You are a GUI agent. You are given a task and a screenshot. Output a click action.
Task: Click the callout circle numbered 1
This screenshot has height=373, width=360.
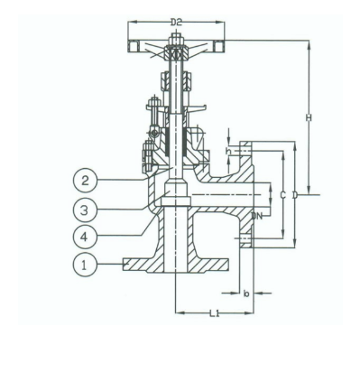pos(85,265)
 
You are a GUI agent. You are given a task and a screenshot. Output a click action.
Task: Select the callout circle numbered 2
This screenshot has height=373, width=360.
pos(85,181)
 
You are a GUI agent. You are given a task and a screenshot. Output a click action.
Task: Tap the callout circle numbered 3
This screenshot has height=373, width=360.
pos(85,210)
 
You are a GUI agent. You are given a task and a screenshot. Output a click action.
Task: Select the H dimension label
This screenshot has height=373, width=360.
pos(308,117)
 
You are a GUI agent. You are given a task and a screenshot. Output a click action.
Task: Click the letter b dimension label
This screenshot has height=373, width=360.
pos(245,293)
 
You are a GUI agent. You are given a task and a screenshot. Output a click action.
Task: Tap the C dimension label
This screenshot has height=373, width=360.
pos(282,194)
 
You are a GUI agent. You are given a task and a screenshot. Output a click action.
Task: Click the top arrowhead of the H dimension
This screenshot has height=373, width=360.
pos(309,42)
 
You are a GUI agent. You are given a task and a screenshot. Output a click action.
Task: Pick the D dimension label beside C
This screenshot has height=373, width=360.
pos(294,194)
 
